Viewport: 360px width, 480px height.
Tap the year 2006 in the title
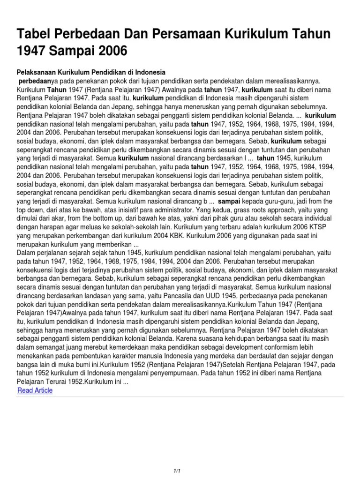[111, 51]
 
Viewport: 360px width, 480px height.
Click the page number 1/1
[180, 457]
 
